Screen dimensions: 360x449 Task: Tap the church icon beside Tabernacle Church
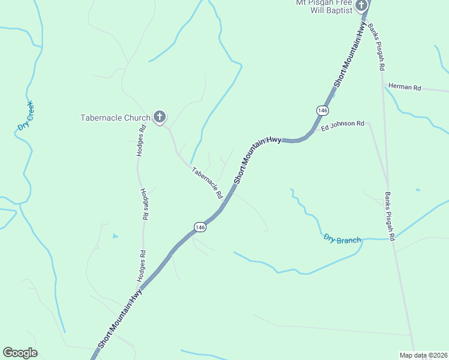[160, 116]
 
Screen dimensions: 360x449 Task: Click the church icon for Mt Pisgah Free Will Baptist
[361, 6]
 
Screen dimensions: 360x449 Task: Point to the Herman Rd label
[405, 86]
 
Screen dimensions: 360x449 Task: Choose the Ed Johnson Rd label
[343, 125]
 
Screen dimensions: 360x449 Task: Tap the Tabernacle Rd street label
[207, 182]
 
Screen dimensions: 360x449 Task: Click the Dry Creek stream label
[25, 115]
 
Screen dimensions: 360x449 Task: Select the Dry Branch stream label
[342, 239]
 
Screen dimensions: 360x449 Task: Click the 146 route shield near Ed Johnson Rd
[322, 110]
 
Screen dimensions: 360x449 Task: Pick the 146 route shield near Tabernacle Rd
[200, 227]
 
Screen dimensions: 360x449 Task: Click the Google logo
[20, 353]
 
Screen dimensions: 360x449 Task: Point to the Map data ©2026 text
[423, 355]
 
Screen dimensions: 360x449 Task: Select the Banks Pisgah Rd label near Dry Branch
[390, 217]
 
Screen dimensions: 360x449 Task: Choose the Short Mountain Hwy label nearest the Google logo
[120, 318]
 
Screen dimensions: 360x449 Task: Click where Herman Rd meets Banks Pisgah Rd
[383, 85]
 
